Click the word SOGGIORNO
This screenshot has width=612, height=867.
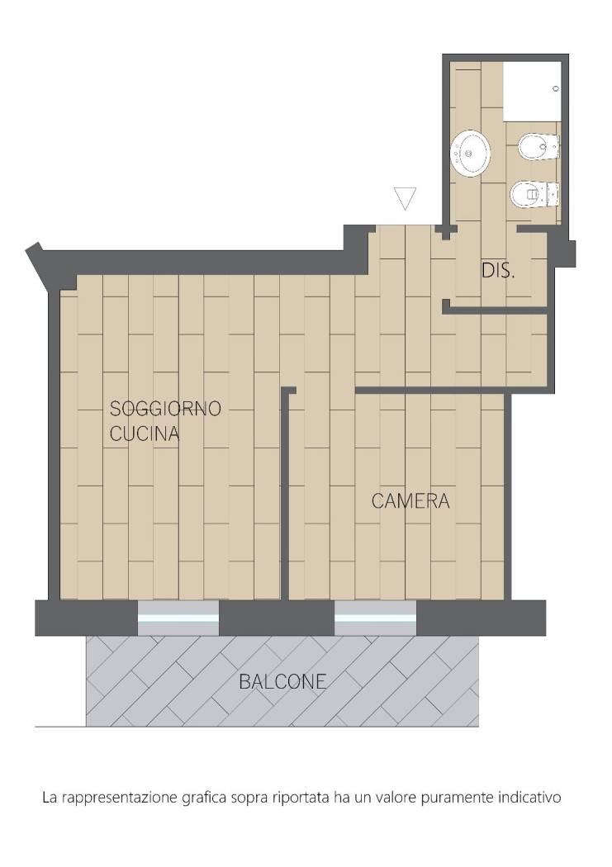point(165,409)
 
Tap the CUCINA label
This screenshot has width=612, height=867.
point(145,434)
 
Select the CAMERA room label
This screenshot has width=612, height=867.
point(410,501)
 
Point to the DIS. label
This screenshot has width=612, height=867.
point(498,271)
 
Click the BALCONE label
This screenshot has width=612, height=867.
point(282,682)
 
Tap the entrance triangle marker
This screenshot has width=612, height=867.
point(405,198)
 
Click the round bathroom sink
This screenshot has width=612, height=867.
point(470,153)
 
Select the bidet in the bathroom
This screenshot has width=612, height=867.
point(538,148)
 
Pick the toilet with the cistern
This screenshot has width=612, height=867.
point(534,195)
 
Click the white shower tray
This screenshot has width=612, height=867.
point(532,91)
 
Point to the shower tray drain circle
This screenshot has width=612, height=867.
point(556,88)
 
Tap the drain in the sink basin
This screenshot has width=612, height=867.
point(469,154)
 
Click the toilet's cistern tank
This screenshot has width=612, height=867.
point(553,195)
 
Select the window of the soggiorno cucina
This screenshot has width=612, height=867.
point(178,618)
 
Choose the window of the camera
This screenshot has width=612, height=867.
point(376,618)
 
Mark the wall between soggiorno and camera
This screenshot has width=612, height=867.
point(285,493)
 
